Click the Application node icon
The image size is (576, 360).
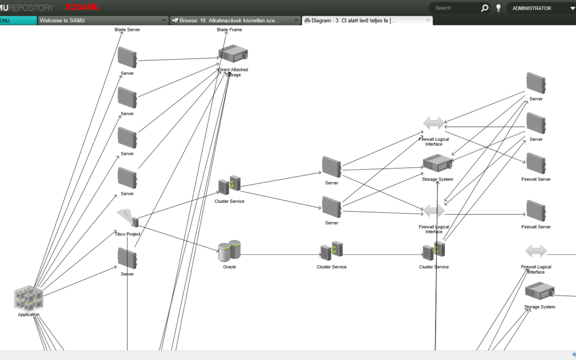pos(28,298)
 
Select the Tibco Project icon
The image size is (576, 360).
pos(127,218)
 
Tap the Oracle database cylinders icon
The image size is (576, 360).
pos(229,251)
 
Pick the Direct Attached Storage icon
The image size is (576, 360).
pos(233,54)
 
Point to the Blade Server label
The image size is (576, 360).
pos(127,30)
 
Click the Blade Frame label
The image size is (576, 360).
pos(229,30)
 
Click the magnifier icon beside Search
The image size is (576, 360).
pos(484,8)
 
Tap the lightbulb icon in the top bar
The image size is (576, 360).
pos(498,8)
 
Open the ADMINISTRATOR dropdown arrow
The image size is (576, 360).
pos(572,9)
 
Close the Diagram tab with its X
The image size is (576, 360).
pos(428,20)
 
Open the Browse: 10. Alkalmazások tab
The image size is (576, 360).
pos(229,20)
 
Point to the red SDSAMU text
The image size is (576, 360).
pos(82,7)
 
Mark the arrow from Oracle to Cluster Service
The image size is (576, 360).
pos(280,254)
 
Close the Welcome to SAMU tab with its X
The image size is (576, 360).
pos(164,20)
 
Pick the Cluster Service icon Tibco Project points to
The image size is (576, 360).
pos(229,185)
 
